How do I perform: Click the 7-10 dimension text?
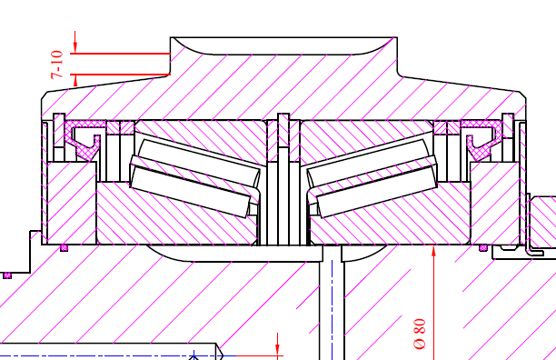pyautogui.click(x=56, y=65)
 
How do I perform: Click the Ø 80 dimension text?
pyautogui.click(x=419, y=334)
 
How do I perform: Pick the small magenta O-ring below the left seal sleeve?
pyautogui.click(x=64, y=247)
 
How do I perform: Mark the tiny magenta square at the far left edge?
pyautogui.click(x=6, y=274)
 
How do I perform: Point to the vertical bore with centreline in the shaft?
pyautogui.click(x=333, y=309)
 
